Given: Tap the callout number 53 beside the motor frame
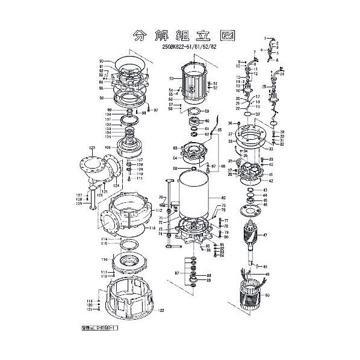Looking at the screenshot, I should pyautogui.click(x=172, y=79).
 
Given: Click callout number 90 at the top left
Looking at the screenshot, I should pyautogui.click(x=102, y=61).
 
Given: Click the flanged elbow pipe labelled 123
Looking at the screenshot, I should pyautogui.click(x=96, y=169).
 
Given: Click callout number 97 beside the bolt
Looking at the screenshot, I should pyautogui.click(x=155, y=110).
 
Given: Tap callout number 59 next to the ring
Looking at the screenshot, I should pyautogui.click(x=206, y=111).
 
